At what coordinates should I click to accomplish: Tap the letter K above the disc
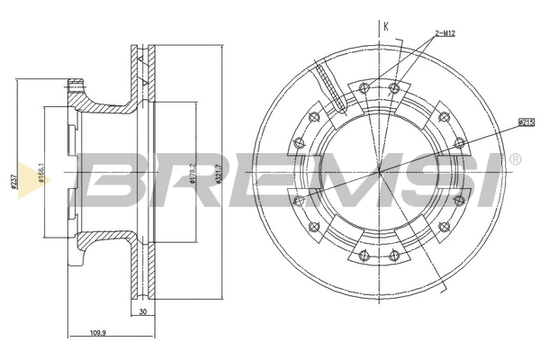pyautogui.click(x=385, y=27)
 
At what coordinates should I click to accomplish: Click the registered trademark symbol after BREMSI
pyautogui.click(x=514, y=160)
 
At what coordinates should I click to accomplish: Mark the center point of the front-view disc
pyautogui.click(x=382, y=169)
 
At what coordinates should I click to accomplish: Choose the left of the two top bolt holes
pyautogui.click(x=363, y=87)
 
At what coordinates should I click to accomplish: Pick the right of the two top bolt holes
pyautogui.click(x=394, y=87)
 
